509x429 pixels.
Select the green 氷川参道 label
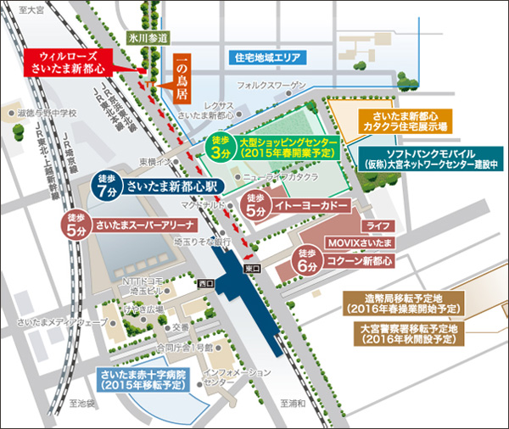(x=148, y=38)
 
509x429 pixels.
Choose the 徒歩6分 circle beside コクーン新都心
(x=308, y=258)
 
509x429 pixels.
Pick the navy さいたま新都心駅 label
(x=172, y=186)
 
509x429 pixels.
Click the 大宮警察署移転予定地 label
(x=408, y=332)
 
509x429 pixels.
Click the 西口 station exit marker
(x=204, y=284)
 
